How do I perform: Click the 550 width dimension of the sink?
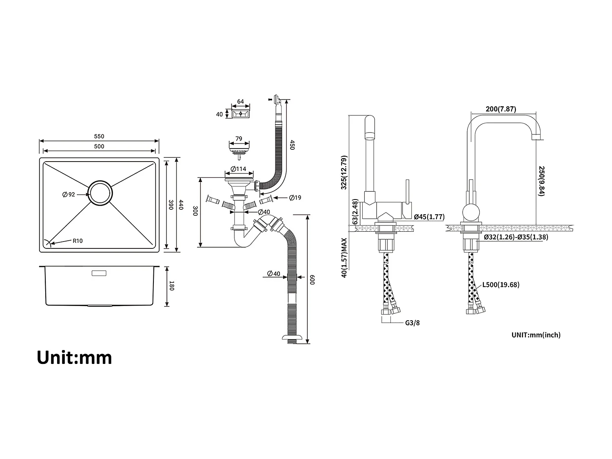pos(99,137)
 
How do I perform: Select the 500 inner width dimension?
pos(99,146)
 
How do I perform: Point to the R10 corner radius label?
pos(78,241)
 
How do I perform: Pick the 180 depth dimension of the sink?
pos(171,286)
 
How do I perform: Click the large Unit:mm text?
pos(74,357)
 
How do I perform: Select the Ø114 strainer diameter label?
pos(238,169)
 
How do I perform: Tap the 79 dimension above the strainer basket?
pos(239,139)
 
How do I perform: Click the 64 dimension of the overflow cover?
pos(240,102)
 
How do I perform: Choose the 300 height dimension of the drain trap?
pos(195,211)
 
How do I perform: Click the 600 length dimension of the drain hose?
pos(312,280)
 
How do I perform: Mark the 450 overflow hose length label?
pos(292,145)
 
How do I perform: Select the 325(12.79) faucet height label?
pos(344,172)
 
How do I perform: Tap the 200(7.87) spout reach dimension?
pos(501,109)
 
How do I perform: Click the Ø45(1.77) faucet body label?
pos(429,217)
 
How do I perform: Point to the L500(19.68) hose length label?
pos(501,285)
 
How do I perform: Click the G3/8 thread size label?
pos(412,323)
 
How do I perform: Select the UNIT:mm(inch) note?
pos(536,335)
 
